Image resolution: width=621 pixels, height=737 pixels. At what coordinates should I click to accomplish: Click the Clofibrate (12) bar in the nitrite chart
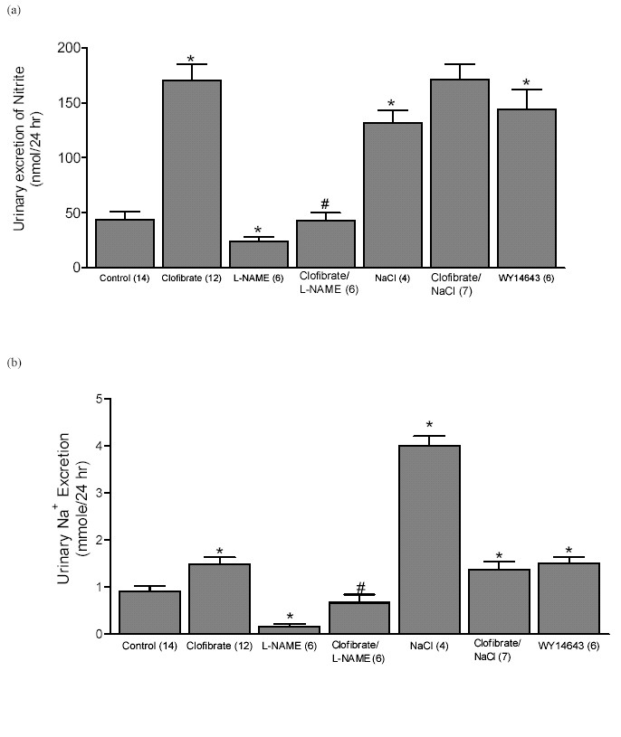pyautogui.click(x=192, y=174)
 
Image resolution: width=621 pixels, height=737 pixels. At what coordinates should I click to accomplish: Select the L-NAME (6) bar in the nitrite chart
pyautogui.click(x=259, y=254)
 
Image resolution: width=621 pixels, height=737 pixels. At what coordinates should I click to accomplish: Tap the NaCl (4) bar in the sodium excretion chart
pyautogui.click(x=429, y=539)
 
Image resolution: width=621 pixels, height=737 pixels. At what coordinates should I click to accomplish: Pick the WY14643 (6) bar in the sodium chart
pyautogui.click(x=568, y=598)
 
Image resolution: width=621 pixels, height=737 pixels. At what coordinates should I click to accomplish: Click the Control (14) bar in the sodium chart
pyautogui.click(x=149, y=612)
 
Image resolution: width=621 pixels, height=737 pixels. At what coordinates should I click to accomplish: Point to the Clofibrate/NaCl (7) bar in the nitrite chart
pyautogui.click(x=460, y=173)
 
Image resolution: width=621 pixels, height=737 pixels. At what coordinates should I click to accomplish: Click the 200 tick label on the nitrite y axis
pyautogui.click(x=69, y=48)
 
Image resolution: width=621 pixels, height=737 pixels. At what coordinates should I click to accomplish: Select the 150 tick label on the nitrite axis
pyautogui.click(x=69, y=103)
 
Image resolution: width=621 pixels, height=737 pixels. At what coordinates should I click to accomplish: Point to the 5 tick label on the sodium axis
pyautogui.click(x=99, y=399)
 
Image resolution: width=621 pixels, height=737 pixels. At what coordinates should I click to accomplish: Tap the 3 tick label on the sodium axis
pyautogui.click(x=99, y=493)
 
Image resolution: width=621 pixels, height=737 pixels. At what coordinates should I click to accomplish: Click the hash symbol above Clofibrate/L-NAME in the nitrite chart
pyautogui.click(x=325, y=203)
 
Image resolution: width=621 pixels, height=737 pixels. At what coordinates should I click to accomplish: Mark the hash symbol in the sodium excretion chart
pyautogui.click(x=361, y=587)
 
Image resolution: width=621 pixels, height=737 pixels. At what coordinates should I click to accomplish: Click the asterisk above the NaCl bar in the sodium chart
pyautogui.click(x=429, y=426)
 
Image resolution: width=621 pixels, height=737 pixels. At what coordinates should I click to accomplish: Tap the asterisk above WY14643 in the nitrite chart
pyautogui.click(x=527, y=83)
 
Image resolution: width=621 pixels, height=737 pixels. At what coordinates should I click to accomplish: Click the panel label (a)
pyautogui.click(x=14, y=10)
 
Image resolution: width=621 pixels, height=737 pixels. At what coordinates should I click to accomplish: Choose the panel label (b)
pyautogui.click(x=14, y=363)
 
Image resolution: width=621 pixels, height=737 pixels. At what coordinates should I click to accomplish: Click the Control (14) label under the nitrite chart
pyautogui.click(x=124, y=279)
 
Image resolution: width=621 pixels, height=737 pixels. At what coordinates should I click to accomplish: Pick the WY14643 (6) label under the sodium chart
pyautogui.click(x=568, y=646)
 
